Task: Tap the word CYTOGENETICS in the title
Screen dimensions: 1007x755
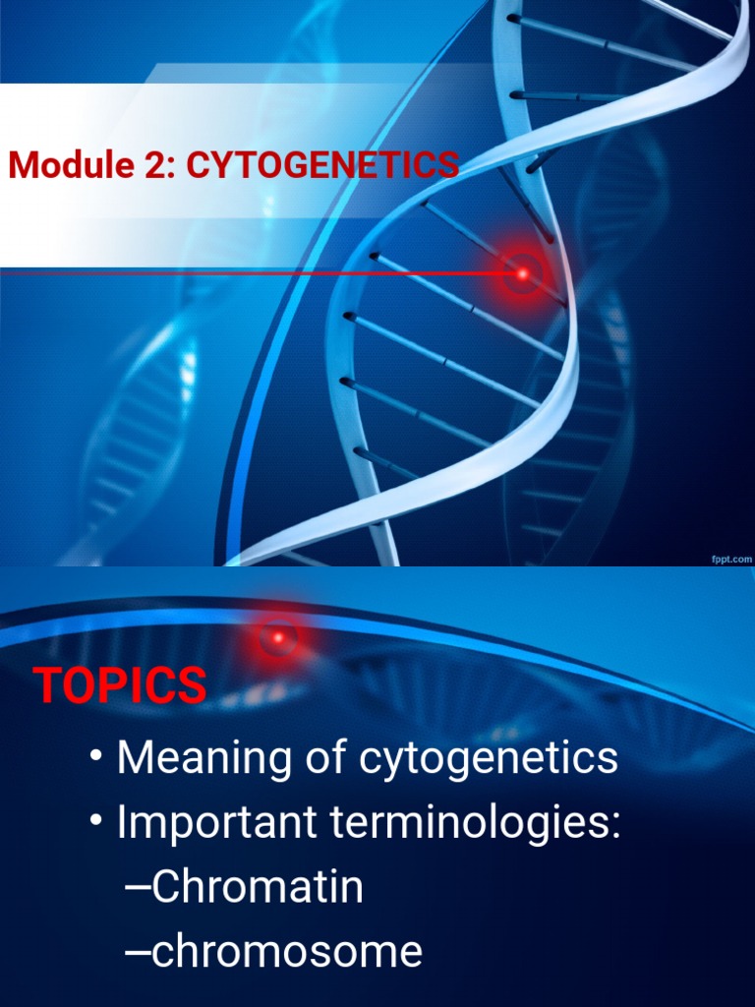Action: click(x=322, y=165)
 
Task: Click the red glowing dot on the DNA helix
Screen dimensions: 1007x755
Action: click(x=523, y=272)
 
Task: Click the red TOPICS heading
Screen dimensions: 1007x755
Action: click(x=120, y=685)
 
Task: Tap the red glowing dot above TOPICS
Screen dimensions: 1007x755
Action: click(x=278, y=638)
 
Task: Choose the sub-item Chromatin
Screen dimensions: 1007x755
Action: click(x=258, y=887)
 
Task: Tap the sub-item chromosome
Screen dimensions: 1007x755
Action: click(x=287, y=952)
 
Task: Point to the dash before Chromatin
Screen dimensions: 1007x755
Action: click(x=138, y=889)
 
